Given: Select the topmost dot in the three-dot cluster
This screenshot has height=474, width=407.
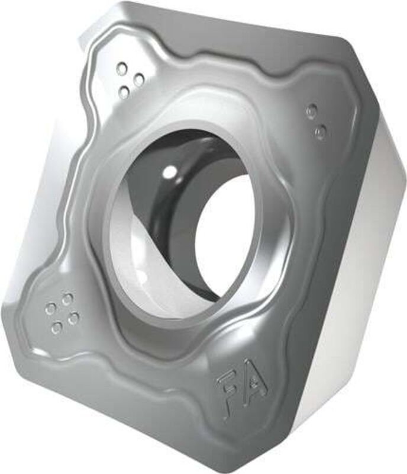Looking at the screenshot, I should (122, 69).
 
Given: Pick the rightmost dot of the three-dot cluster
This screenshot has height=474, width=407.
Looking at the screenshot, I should (139, 79).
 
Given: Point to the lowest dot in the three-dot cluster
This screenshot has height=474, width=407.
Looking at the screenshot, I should (124, 92).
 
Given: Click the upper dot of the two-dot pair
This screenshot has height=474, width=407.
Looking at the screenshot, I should (312, 111).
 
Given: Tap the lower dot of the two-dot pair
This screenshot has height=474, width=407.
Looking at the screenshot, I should (320, 132).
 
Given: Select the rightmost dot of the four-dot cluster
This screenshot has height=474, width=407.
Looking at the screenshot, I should (73, 319).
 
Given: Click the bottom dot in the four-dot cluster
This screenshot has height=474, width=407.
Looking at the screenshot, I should (57, 327).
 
